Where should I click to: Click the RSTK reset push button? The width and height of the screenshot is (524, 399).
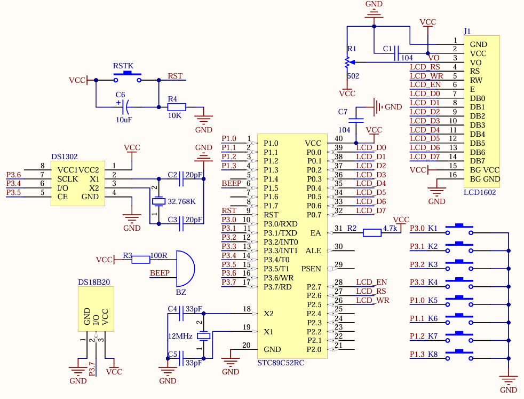128,76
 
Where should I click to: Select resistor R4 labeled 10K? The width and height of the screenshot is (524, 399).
177,107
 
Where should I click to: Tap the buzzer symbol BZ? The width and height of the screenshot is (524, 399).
185,269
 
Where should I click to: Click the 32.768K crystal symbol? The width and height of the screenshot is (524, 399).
158,201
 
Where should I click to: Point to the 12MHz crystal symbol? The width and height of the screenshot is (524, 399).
203,336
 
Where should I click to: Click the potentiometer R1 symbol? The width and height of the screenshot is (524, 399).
347,62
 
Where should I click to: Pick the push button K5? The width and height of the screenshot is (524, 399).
459,301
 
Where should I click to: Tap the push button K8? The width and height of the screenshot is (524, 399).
459,355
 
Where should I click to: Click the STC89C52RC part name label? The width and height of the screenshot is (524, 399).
281,363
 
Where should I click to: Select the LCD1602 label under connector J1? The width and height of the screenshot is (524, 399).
480,193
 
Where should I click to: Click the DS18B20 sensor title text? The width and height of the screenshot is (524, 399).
94,282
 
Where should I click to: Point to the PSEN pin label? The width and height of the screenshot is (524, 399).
311,269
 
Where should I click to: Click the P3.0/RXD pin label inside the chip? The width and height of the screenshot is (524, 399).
280,224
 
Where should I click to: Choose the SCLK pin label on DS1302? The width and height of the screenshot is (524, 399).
68,179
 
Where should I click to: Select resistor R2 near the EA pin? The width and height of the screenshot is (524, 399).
372,233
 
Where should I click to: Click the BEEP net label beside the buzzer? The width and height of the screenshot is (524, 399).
160,273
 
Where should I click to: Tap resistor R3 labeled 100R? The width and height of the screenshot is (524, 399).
141,260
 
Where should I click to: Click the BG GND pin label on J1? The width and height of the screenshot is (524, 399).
485,179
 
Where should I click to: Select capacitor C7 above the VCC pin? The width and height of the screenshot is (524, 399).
356,120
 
